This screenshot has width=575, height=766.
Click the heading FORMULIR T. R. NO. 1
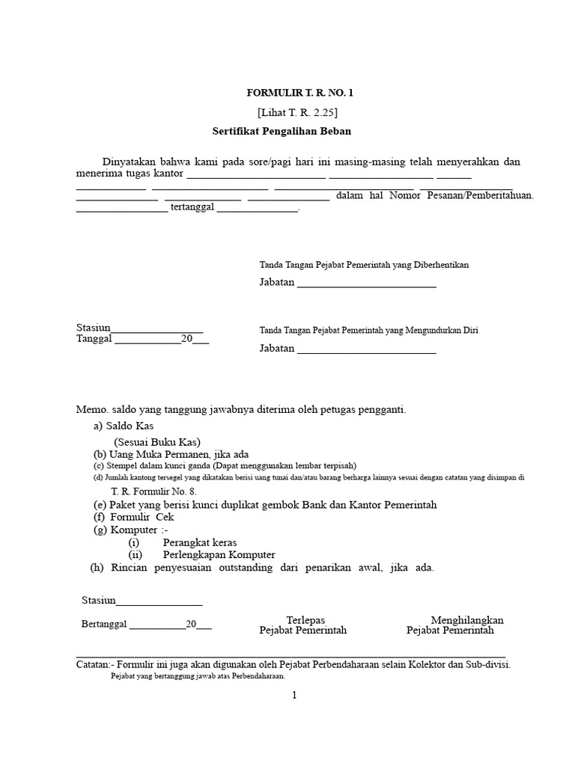299,93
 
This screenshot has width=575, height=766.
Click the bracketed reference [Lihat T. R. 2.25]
298,112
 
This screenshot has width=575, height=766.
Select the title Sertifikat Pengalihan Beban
282,131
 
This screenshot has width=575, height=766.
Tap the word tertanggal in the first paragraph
192,208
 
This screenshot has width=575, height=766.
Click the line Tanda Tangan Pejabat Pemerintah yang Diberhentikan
364,265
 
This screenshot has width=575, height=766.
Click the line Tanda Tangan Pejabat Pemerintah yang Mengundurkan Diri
368,330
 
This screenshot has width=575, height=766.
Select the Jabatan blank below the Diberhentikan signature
366,284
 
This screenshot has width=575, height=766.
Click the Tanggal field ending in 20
142,339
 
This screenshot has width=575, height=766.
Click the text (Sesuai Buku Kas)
157,441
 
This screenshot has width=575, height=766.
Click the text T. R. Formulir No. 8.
153,491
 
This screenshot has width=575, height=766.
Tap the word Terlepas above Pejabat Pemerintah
305,620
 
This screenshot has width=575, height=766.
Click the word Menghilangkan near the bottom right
467,620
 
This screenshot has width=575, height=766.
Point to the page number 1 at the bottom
294,695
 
